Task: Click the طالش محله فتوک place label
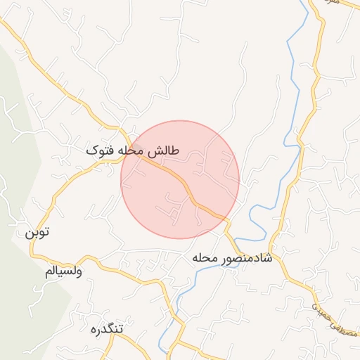point(133,151)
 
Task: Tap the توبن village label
point(39,233)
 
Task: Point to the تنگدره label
point(107,328)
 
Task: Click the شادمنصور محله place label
point(231,259)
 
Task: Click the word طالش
point(166,151)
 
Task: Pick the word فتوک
point(100,151)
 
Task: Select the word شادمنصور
point(247,259)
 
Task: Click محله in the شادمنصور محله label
point(206,259)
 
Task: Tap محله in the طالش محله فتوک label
point(134,151)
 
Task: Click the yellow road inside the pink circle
point(186,188)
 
